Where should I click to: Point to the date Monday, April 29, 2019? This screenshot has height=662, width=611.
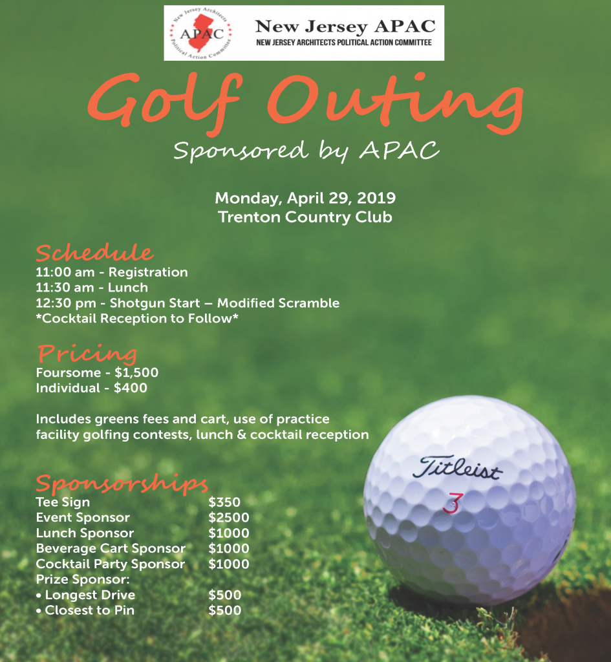tap(305, 198)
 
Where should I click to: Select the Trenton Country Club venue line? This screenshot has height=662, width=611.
tap(305, 217)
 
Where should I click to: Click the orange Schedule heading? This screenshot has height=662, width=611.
tap(94, 253)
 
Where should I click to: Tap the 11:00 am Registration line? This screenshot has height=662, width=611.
tap(112, 272)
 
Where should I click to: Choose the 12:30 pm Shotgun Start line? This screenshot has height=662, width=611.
tap(188, 303)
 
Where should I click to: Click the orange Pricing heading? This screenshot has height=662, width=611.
tap(87, 354)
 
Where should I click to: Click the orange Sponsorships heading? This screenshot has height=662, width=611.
tap(122, 484)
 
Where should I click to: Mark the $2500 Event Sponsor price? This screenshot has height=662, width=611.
tap(228, 518)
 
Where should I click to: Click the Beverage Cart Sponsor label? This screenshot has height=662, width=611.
tap(111, 549)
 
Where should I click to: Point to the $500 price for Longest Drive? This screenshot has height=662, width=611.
tap(224, 595)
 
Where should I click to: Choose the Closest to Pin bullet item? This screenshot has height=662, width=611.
tap(89, 611)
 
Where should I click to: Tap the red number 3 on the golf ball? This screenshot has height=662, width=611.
tap(452, 503)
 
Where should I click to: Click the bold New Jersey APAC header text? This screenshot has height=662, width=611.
tap(345, 27)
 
